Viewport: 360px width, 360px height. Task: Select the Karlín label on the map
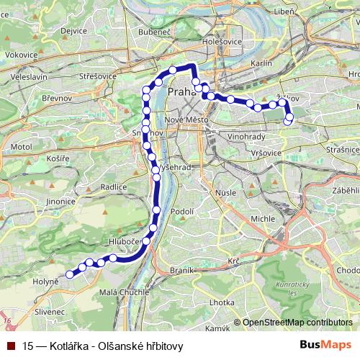(x=262, y=64)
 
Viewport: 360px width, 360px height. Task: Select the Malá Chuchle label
(x=123, y=292)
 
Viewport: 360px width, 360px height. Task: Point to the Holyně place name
(x=45, y=282)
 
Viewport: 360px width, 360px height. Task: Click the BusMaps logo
(x=325, y=346)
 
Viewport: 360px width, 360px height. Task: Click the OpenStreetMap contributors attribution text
(x=298, y=323)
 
